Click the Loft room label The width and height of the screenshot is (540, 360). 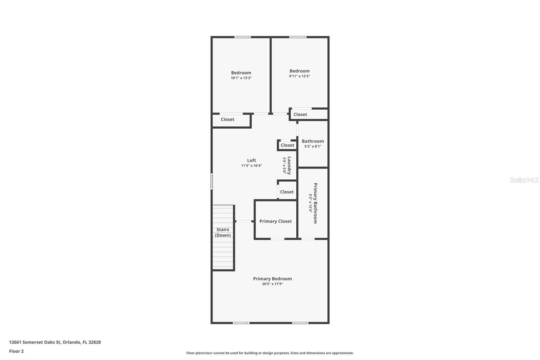(x=251, y=160)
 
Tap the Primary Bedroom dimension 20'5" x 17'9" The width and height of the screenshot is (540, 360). (x=272, y=284)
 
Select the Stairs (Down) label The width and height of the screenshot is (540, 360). (x=223, y=232)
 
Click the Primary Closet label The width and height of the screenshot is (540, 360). (x=275, y=221)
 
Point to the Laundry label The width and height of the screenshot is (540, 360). (x=289, y=165)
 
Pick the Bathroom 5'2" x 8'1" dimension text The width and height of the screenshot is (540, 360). (x=313, y=147)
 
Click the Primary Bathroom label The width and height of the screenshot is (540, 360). (x=315, y=203)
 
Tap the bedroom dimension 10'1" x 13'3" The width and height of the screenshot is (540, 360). (x=241, y=78)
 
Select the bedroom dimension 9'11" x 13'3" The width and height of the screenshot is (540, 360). (x=299, y=76)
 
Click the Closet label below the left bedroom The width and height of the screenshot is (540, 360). (x=227, y=119)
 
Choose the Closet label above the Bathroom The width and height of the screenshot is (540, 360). (x=300, y=114)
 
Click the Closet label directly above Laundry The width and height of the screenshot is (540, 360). (x=287, y=145)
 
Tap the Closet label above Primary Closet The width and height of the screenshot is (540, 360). (x=287, y=192)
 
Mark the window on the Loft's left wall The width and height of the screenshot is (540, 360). (x=212, y=181)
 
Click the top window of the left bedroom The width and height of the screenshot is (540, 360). (x=243, y=37)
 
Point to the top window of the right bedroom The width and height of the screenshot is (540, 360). (x=298, y=37)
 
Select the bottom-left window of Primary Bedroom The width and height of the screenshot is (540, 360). (x=241, y=323)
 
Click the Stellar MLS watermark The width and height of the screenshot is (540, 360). (x=524, y=180)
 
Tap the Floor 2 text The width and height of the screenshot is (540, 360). (x=16, y=351)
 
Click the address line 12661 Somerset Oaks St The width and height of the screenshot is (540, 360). (x=55, y=342)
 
